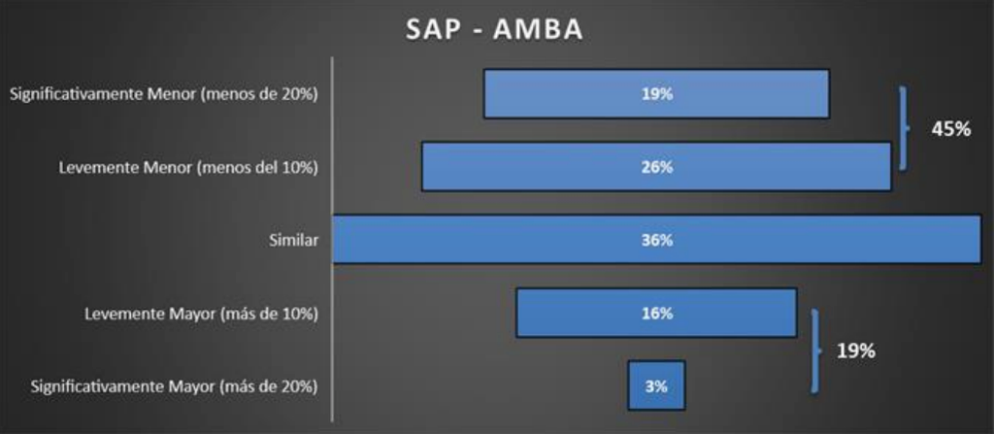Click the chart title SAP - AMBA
click(x=494, y=30)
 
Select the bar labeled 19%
click(x=656, y=94)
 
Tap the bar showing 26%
click(x=656, y=167)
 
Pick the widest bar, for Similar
click(x=657, y=239)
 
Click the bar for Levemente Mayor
click(x=656, y=313)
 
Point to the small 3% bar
click(x=657, y=385)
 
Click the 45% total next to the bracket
click(x=951, y=129)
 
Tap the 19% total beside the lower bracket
click(x=856, y=351)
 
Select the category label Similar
click(x=293, y=241)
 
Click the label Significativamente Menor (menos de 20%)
click(x=163, y=94)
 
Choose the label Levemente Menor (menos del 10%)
click(x=188, y=168)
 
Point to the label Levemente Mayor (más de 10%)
click(x=202, y=314)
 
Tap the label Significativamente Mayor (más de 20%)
click(x=175, y=386)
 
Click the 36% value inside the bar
click(x=657, y=241)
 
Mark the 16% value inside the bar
click(x=657, y=314)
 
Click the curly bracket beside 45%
click(x=905, y=129)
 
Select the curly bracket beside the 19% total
click(x=815, y=351)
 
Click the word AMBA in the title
click(x=541, y=30)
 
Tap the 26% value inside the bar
click(x=657, y=168)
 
